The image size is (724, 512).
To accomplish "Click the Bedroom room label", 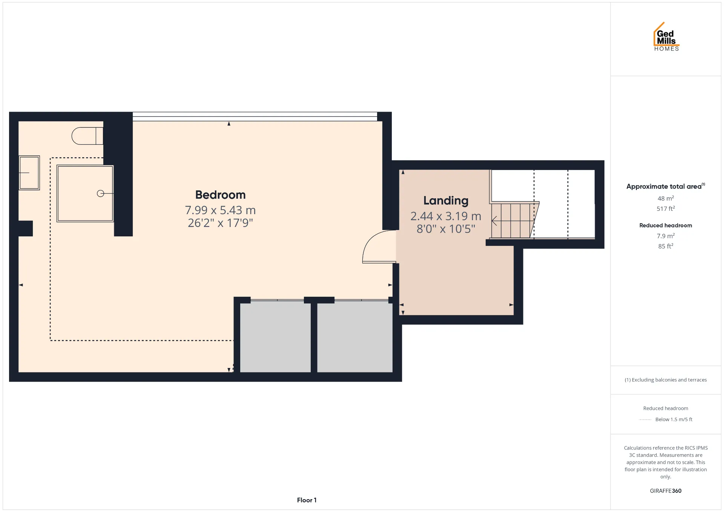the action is coord(220,195).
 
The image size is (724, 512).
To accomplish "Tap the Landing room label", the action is coord(446,201).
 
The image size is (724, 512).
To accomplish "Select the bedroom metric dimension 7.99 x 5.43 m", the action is coord(220,210).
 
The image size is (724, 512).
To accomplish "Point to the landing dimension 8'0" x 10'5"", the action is coord(446,229).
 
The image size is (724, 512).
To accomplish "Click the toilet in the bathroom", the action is coord(87,136).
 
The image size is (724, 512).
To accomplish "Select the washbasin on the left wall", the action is coord(29,173).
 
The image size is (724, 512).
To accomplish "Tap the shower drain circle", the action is coord(100,193).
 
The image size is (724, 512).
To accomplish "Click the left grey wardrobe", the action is coord(275,337).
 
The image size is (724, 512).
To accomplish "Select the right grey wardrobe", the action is coord(355,337).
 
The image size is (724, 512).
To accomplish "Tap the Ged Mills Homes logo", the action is coord(666,37).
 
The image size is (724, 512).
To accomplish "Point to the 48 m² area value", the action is coord(666,198).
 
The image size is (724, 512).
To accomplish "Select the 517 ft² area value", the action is coord(666,208).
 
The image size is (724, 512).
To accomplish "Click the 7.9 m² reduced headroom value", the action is coord(666,236).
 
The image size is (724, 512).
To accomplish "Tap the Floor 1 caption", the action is coord(307,500).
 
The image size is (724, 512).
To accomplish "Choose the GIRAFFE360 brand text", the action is coord(666,491).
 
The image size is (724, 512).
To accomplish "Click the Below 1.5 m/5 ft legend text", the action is coord(674,420).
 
